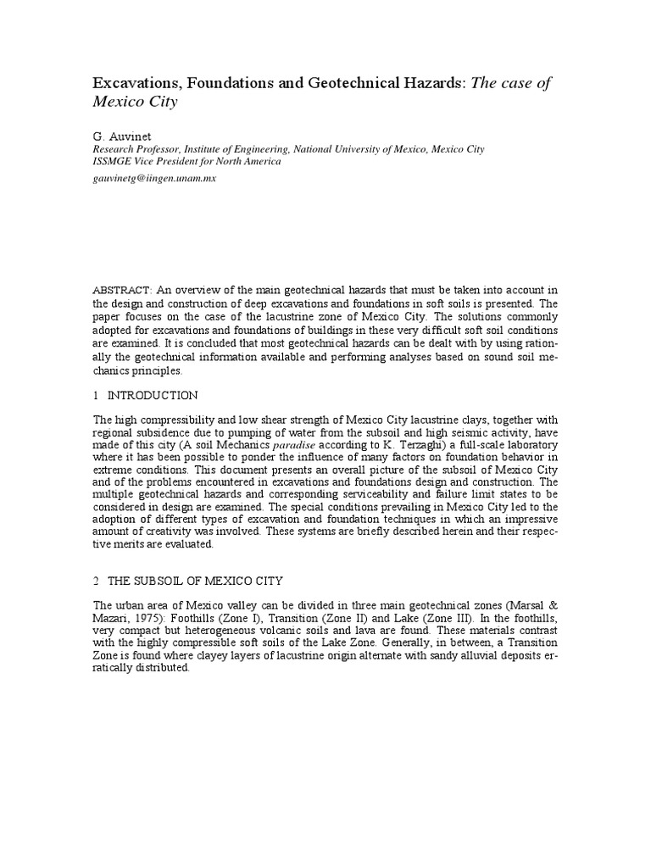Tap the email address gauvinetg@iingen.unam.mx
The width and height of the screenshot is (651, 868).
(x=155, y=179)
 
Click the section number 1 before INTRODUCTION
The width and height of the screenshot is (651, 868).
(x=96, y=395)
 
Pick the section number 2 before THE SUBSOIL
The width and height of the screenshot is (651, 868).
(x=96, y=581)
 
